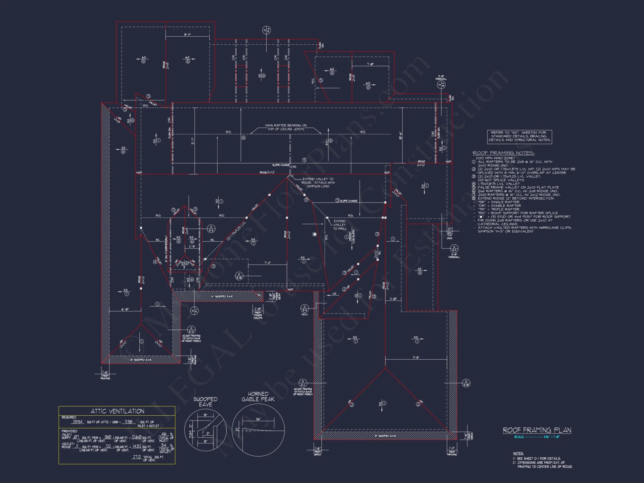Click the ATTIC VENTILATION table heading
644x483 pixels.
pos(117,411)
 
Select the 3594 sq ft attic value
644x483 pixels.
pos(78,421)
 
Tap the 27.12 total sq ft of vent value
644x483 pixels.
pos(137,457)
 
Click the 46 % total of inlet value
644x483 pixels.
pos(164,434)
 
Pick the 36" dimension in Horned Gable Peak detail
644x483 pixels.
pos(258,419)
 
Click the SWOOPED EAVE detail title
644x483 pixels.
pos(205,402)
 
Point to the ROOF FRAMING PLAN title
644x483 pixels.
pos(537,430)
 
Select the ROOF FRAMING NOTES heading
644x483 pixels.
pos(503,153)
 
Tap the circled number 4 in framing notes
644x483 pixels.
pos(474,184)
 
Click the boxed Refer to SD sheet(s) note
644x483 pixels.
pos(519,136)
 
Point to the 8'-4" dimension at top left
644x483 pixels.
pos(187,34)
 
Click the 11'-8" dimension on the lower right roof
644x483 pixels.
pos(416,357)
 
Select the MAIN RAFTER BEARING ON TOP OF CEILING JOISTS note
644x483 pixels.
pos(286,127)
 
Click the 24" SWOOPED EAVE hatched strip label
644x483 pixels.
pos(222,296)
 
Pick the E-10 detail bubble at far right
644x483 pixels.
pos(466,383)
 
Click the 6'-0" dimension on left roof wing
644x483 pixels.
pos(125,309)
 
